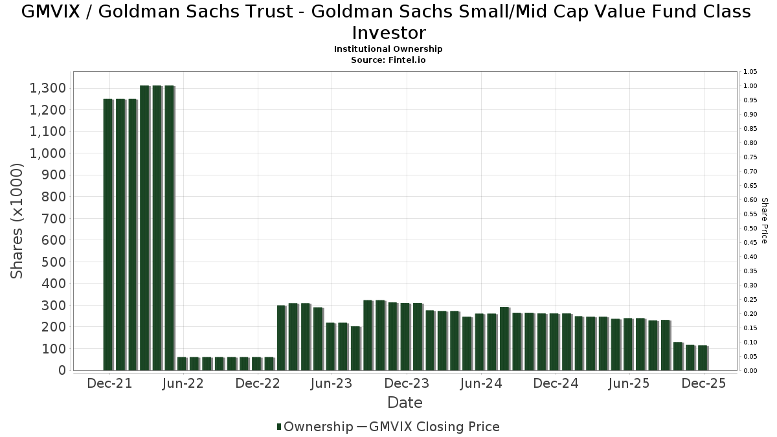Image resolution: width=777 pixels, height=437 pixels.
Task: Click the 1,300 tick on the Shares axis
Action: pyautogui.click(x=47, y=88)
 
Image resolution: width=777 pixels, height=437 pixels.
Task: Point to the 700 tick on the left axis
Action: pyautogui.click(x=53, y=218)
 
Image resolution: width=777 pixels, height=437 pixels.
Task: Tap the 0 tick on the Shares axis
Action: pyautogui.click(x=62, y=370)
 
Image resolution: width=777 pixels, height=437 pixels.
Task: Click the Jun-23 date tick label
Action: pyautogui.click(x=331, y=383)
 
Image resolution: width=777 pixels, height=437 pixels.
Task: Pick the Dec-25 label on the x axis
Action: pyautogui.click(x=704, y=383)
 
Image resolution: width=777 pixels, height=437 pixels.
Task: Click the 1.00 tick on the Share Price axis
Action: pyautogui.click(x=750, y=86)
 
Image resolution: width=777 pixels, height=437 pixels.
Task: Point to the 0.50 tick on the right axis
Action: pyautogui.click(x=750, y=229)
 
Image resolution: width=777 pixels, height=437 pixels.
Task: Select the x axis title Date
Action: pyautogui.click(x=405, y=403)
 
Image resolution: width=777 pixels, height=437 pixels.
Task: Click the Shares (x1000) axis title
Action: pyautogui.click(x=17, y=221)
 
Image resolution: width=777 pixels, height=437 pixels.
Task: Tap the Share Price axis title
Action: pyautogui.click(x=765, y=221)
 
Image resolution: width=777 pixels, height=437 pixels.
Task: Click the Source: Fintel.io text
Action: pyautogui.click(x=388, y=60)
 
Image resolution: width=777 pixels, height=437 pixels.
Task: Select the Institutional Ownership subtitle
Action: pyautogui.click(x=388, y=49)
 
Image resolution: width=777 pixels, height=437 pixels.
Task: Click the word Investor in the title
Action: pyautogui.click(x=388, y=32)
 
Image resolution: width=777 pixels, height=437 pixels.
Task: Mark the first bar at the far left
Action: pyautogui.click(x=107, y=234)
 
